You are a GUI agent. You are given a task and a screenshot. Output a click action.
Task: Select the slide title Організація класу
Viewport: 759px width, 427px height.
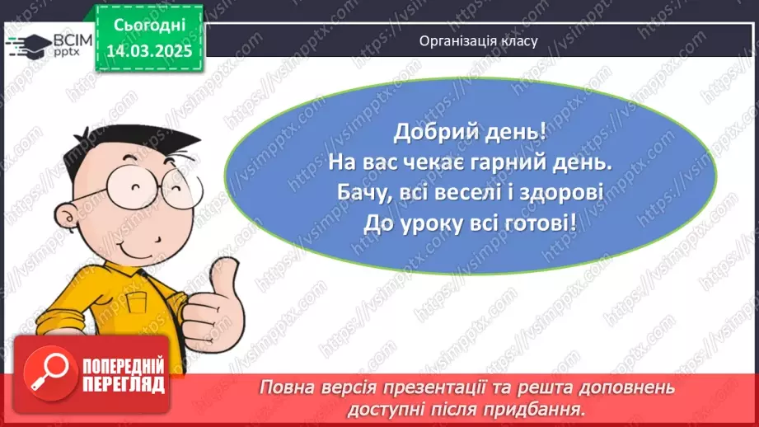point(478,40)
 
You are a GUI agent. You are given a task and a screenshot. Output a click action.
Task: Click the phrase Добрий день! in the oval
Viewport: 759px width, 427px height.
point(470,132)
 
